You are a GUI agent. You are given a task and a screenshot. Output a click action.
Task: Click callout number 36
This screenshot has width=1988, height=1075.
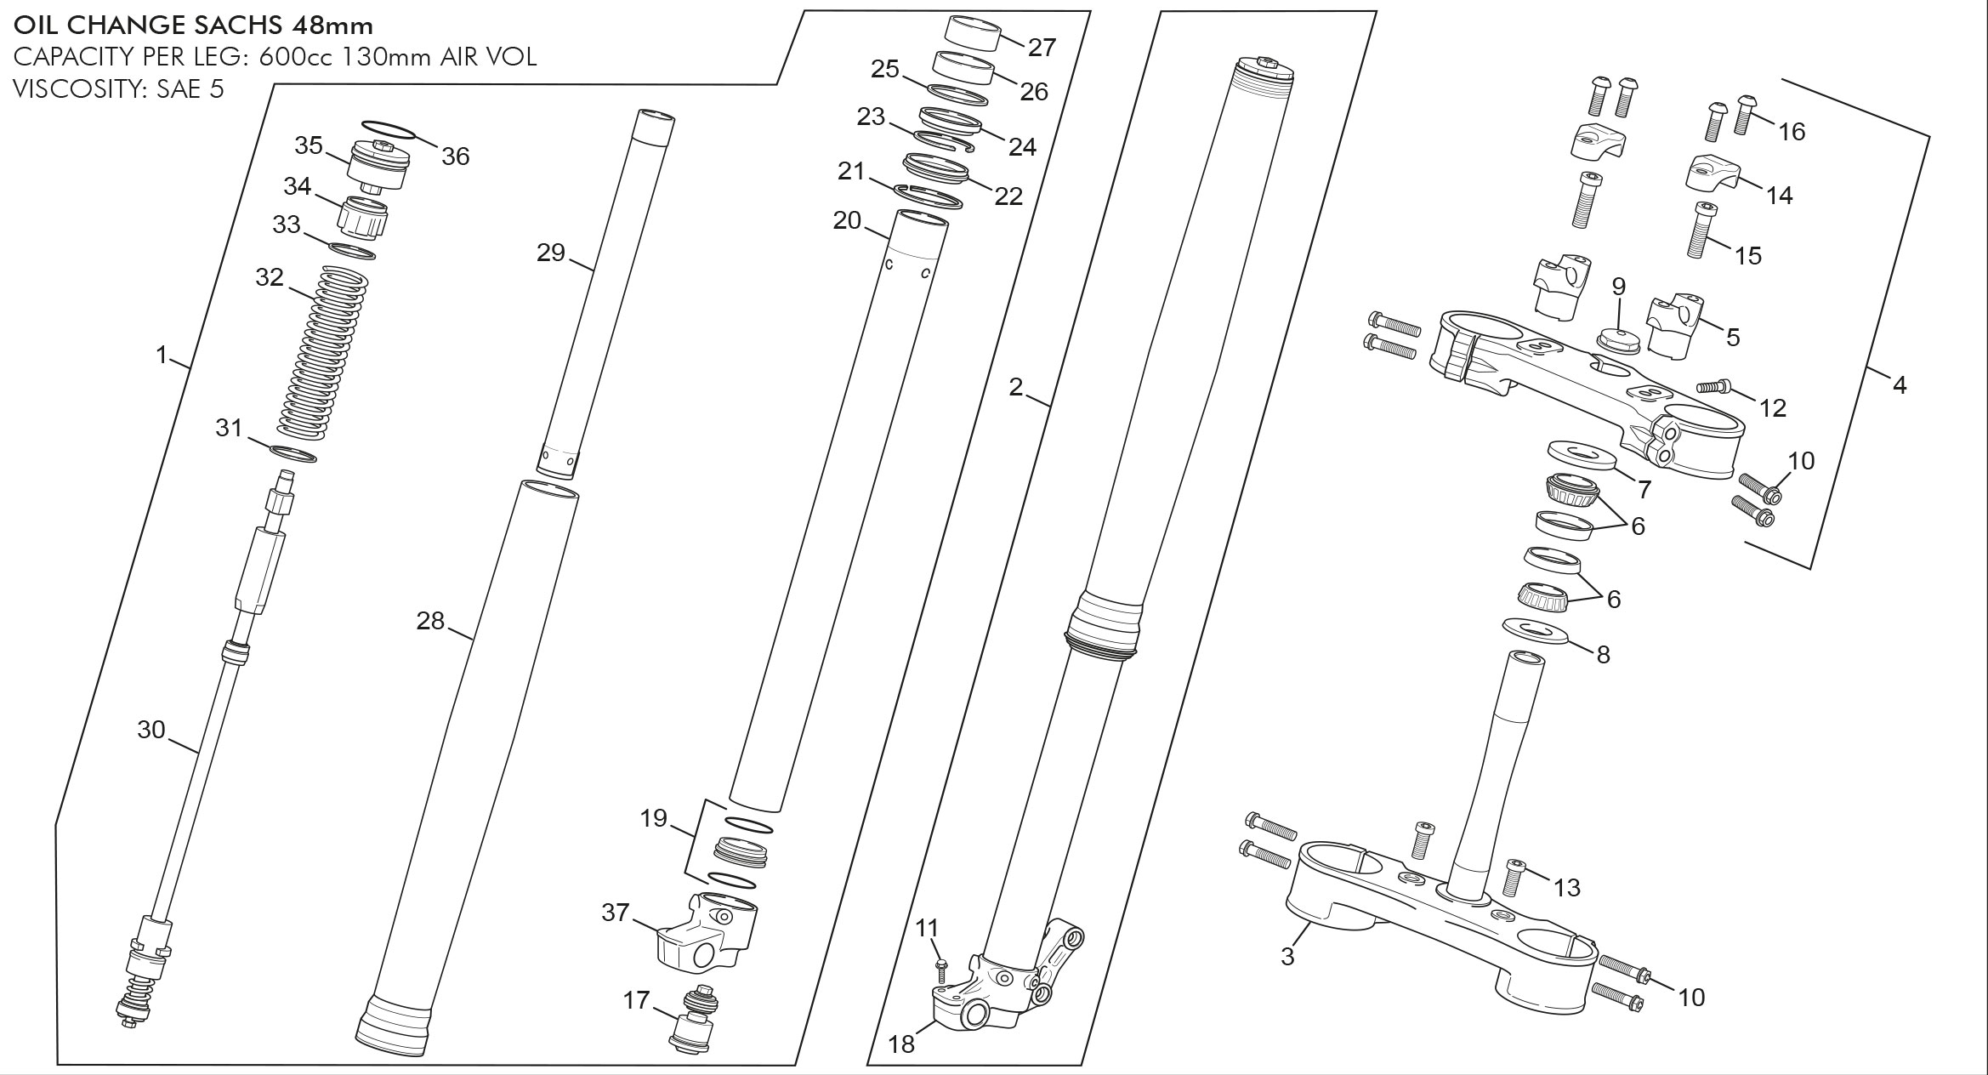tap(456, 156)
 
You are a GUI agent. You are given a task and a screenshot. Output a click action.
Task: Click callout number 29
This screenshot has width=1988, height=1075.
tap(551, 253)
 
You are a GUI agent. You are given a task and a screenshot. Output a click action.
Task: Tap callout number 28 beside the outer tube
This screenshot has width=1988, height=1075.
tap(430, 622)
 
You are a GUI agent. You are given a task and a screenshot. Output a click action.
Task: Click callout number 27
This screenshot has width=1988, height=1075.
tap(1042, 48)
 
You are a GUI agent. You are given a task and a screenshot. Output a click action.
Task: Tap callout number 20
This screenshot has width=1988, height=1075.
tap(847, 221)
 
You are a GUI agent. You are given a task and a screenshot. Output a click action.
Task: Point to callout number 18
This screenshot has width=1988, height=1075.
tap(901, 1044)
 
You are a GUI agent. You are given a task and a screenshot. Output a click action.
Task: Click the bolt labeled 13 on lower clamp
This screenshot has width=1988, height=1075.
tap(1511, 878)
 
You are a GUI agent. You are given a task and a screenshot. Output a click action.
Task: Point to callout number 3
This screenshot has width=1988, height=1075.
tap(1287, 956)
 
